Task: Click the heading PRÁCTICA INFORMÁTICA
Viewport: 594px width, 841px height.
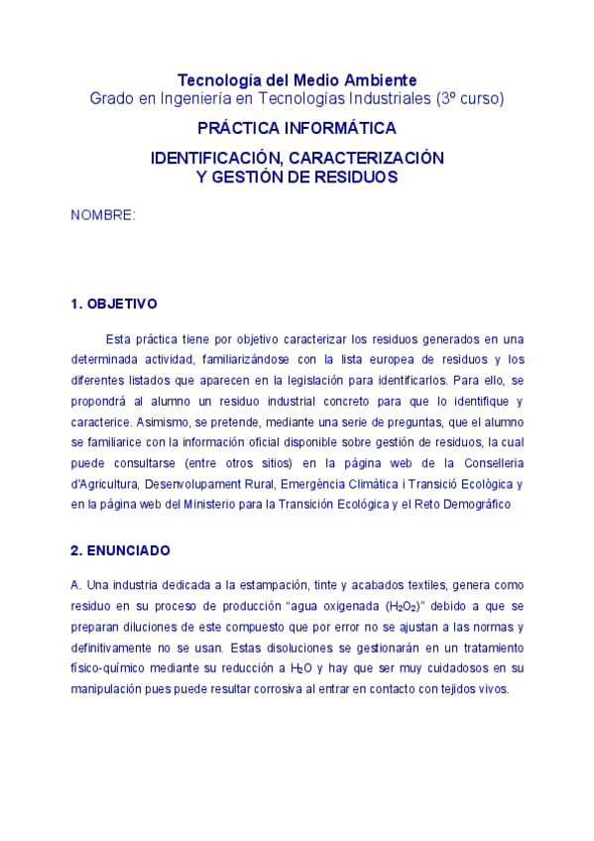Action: coord(297,129)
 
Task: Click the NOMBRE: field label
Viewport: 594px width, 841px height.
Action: coord(103,215)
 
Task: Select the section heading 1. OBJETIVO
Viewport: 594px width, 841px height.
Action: coord(113,303)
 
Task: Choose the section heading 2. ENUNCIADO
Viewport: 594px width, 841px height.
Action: coord(120,549)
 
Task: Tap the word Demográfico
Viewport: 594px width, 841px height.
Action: coord(474,505)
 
